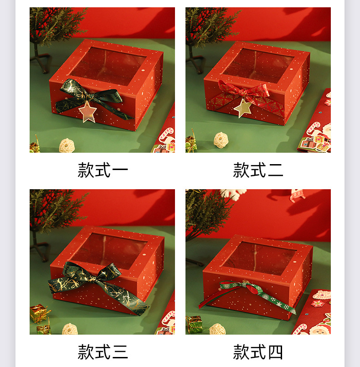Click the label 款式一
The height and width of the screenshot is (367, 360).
pos(103,170)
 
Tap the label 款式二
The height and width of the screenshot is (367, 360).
pos(258,170)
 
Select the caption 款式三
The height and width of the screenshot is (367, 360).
pos(103,352)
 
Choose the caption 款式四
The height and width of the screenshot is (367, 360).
pos(258,352)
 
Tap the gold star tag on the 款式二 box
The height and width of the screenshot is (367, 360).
pos(243,108)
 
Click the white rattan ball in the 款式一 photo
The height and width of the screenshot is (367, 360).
pos(67,145)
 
